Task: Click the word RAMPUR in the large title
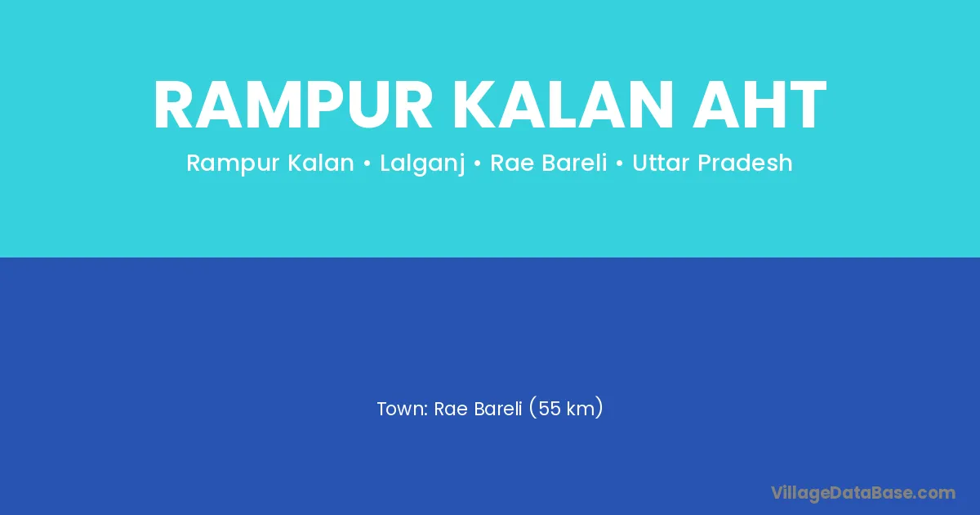pyautogui.click(x=293, y=105)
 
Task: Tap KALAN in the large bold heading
pyautogui.click(x=562, y=105)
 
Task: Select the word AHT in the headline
pyautogui.click(x=759, y=105)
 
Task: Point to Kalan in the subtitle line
pyautogui.click(x=321, y=163)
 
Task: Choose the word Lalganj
pyautogui.click(x=421, y=163)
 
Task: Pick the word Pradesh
pyautogui.click(x=745, y=163)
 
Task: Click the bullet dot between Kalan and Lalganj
pyautogui.click(x=367, y=163)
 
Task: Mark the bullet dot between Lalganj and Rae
pyautogui.click(x=477, y=163)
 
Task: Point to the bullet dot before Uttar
pyautogui.click(x=620, y=163)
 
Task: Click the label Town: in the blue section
pyautogui.click(x=403, y=409)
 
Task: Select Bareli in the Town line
pyautogui.click(x=498, y=409)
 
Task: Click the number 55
pyautogui.click(x=550, y=409)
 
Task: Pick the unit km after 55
pyautogui.click(x=581, y=409)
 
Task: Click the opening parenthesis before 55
pyautogui.click(x=532, y=408)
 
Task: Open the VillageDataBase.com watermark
pyautogui.click(x=863, y=494)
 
